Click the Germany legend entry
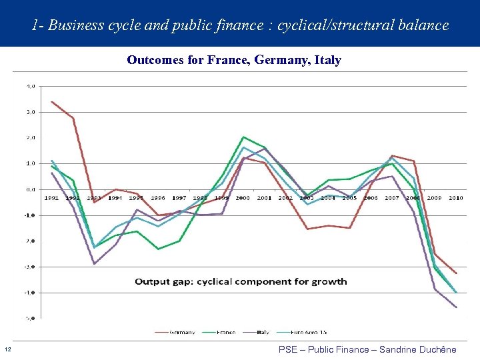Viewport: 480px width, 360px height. tap(181, 332)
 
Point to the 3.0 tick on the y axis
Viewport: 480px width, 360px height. tap(31, 112)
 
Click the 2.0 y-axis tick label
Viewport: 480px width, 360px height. tap(31, 137)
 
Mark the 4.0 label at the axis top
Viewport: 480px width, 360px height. tap(31, 86)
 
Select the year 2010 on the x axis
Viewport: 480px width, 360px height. tap(456, 198)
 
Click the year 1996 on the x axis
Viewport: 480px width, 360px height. tap(158, 198)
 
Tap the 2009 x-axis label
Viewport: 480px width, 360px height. tap(435, 198)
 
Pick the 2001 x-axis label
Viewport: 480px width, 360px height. tap(265, 198)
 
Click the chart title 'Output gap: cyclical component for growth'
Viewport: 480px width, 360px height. tap(241, 281)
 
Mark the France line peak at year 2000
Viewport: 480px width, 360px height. tap(243, 137)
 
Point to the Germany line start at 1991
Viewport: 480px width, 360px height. tap(52, 101)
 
